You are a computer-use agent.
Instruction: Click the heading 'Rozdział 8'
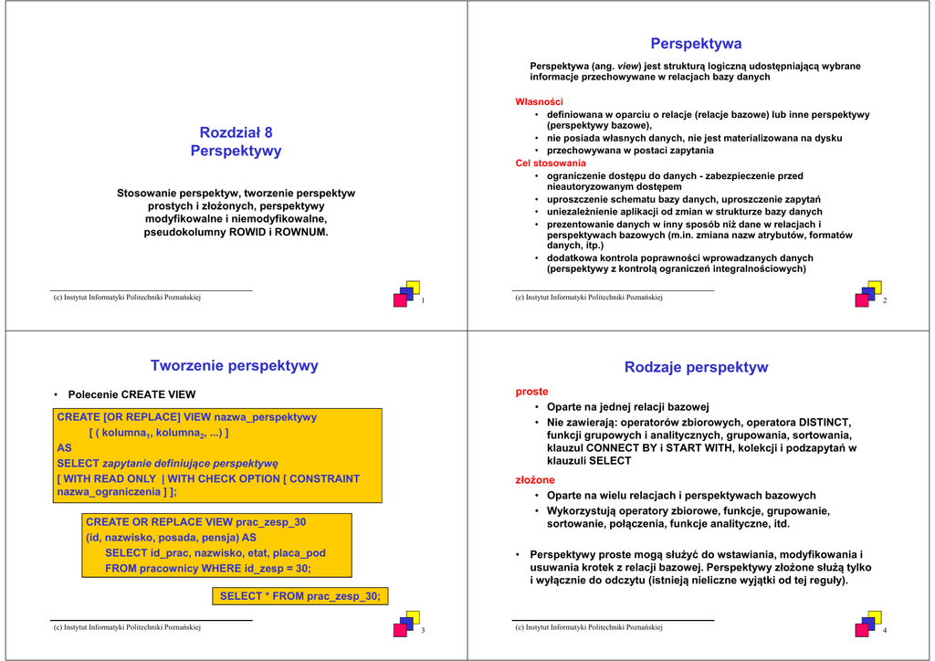tap(236, 132)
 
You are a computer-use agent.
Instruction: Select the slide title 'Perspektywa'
tap(696, 44)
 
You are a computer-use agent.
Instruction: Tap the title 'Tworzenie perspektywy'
tap(235, 366)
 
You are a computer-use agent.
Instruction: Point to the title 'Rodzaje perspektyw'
tap(696, 367)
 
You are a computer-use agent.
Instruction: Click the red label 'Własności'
tap(540, 101)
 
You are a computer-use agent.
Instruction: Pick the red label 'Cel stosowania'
tap(551, 163)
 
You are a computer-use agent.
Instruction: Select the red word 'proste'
tap(532, 392)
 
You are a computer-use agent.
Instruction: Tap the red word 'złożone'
tap(535, 480)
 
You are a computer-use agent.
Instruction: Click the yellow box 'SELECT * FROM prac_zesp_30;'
tap(300, 596)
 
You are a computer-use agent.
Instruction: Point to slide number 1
tap(423, 301)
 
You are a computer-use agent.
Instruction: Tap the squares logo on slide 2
tap(868, 294)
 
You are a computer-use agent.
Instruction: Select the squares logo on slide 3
tap(406, 624)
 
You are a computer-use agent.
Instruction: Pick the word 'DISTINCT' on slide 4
tap(825, 423)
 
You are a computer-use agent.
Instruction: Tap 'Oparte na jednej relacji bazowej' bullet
tap(628, 407)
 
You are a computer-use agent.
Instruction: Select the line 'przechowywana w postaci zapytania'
tap(630, 151)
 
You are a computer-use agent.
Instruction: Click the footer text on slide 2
tap(588, 298)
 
